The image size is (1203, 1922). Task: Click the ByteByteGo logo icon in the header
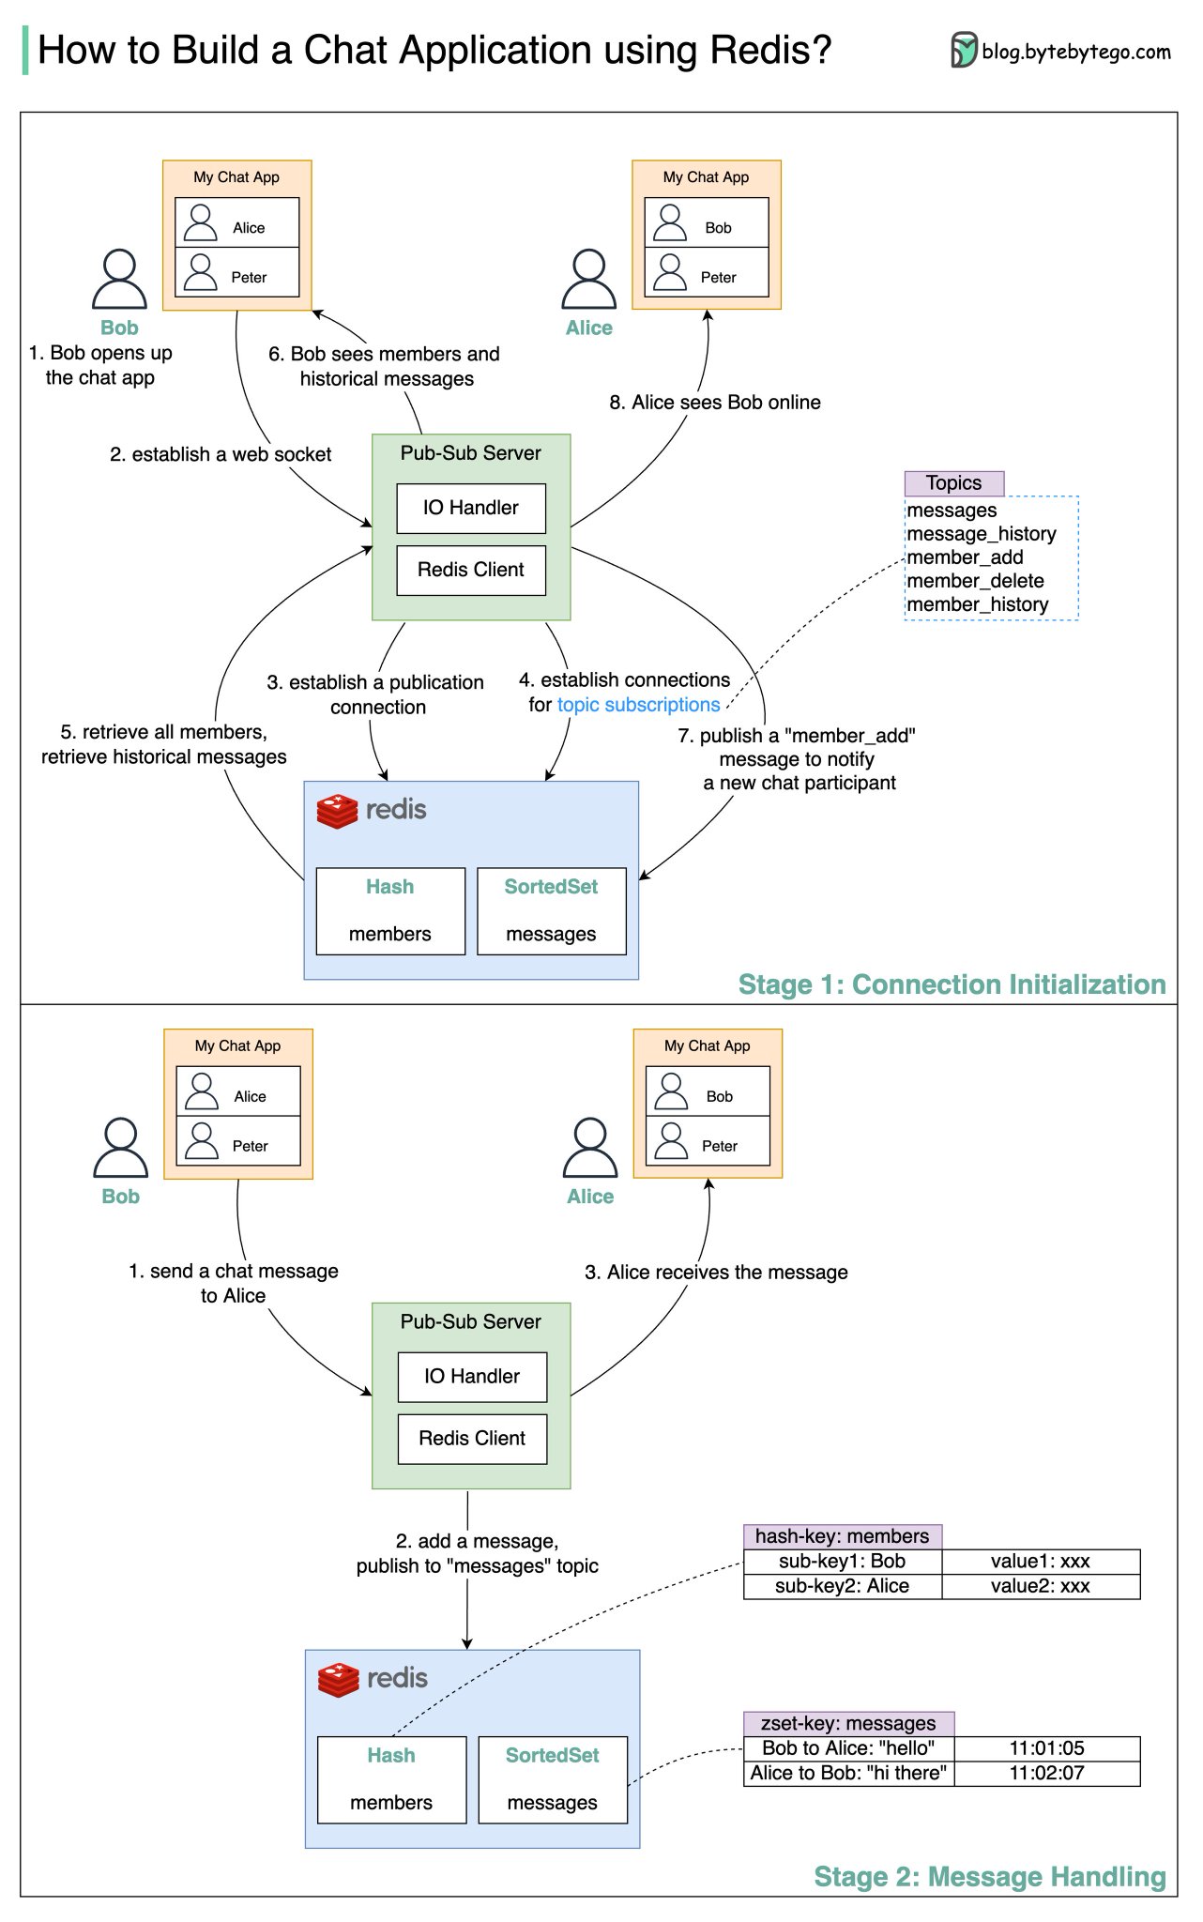click(x=963, y=50)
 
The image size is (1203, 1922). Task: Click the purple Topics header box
click(x=953, y=483)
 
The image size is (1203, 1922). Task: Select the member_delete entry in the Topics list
click(x=975, y=581)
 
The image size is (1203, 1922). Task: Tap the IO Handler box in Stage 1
click(x=471, y=508)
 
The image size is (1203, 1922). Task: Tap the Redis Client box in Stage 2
click(x=472, y=1439)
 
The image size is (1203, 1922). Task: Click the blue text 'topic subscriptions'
click(x=638, y=705)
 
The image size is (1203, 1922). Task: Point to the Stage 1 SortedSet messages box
click(x=551, y=911)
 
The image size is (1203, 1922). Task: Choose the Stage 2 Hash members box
click(x=391, y=1779)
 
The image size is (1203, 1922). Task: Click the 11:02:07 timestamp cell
click(x=1046, y=1773)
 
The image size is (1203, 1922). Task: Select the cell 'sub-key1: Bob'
click(x=842, y=1562)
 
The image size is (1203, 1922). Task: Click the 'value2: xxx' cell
click(x=1040, y=1586)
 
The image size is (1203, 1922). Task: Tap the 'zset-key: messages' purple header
click(x=848, y=1723)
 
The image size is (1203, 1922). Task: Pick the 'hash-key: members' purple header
click(x=842, y=1536)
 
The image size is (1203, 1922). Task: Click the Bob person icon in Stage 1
click(x=119, y=280)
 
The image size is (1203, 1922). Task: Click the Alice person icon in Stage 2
click(x=590, y=1148)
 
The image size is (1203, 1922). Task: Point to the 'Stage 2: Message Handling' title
click(x=989, y=1876)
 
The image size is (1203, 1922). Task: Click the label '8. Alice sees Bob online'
click(x=714, y=403)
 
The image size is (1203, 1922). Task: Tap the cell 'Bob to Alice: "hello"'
click(x=848, y=1748)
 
